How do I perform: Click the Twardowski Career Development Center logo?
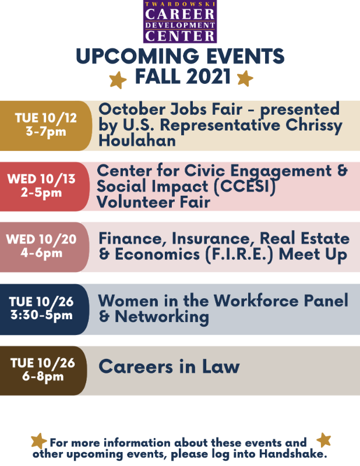coord(180,22)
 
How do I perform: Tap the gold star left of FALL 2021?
coord(118,80)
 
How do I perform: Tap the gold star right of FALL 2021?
coord(245,79)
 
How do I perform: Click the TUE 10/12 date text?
coord(46,118)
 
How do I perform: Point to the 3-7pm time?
coord(46,132)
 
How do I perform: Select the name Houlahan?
coord(137,140)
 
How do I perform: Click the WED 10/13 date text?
coord(41,179)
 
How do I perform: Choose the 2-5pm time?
coord(41,193)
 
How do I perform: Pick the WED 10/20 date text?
coord(41,239)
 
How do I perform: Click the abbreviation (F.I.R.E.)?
coord(239,255)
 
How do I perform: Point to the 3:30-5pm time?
coord(41,315)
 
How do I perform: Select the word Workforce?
coord(256,301)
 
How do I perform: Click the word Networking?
coord(162,317)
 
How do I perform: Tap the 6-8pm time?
coord(43,376)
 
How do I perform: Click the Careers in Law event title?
coord(169,366)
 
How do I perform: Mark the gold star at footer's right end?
coord(324,440)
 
